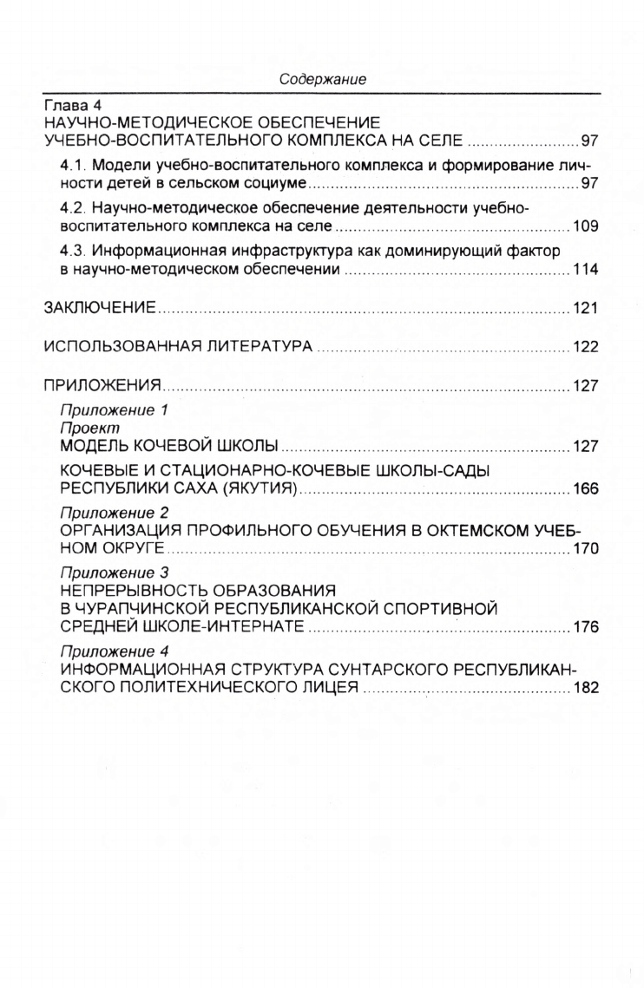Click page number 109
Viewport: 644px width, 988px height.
pyautogui.click(x=586, y=227)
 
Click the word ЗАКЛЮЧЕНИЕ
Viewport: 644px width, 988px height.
pyautogui.click(x=100, y=309)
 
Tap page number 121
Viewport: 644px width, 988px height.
pyautogui.click(x=586, y=309)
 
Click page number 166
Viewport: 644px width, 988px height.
pyautogui.click(x=586, y=489)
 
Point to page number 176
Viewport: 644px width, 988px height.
pyautogui.click(x=586, y=627)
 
